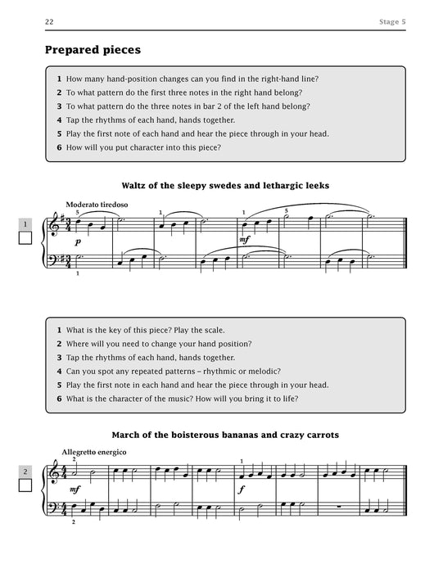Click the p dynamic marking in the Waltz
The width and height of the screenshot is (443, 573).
[x=79, y=242]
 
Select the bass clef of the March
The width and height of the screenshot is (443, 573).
[x=56, y=508]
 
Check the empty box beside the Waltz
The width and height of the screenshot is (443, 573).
[x=25, y=240]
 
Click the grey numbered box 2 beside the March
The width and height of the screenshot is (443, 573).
[x=25, y=471]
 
